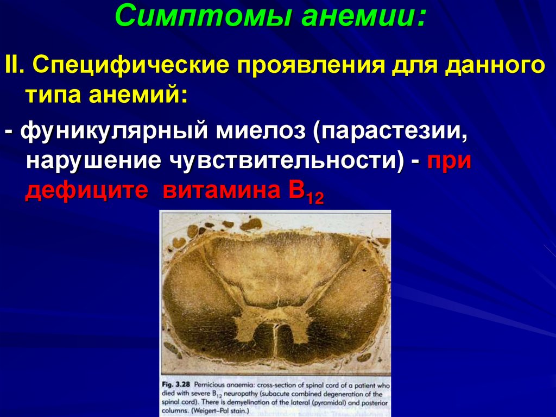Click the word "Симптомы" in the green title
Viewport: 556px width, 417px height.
(x=204, y=16)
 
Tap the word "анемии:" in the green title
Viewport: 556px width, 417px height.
(x=363, y=16)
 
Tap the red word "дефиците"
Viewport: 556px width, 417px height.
(x=86, y=191)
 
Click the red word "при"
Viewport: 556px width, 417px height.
(x=449, y=161)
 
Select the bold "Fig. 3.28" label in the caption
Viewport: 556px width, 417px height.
(x=176, y=385)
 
